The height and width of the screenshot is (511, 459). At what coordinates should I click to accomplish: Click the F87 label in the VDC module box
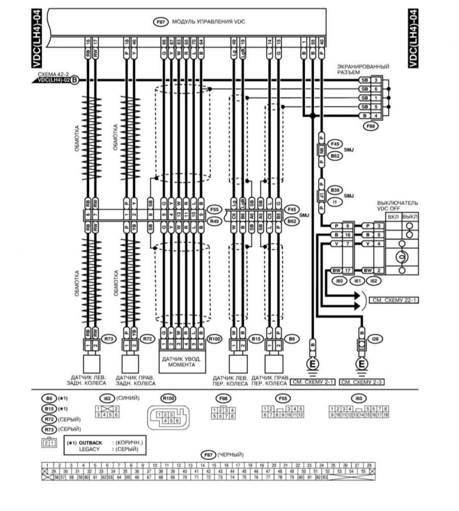point(161,22)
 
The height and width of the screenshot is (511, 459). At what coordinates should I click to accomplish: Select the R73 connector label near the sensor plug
point(109,339)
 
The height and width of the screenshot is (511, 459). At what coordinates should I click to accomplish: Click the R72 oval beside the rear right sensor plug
point(147,339)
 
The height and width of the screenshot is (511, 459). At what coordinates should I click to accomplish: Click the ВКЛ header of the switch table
point(393,217)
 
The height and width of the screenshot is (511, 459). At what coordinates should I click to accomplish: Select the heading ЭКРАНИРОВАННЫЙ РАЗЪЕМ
point(363,69)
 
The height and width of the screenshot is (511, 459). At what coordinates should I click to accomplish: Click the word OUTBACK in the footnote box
point(91,443)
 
